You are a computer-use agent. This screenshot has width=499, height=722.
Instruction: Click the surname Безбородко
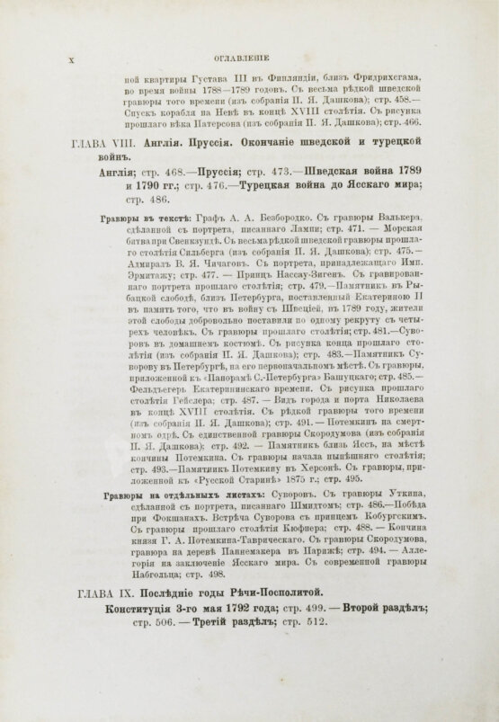pyautogui.click(x=273, y=218)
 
